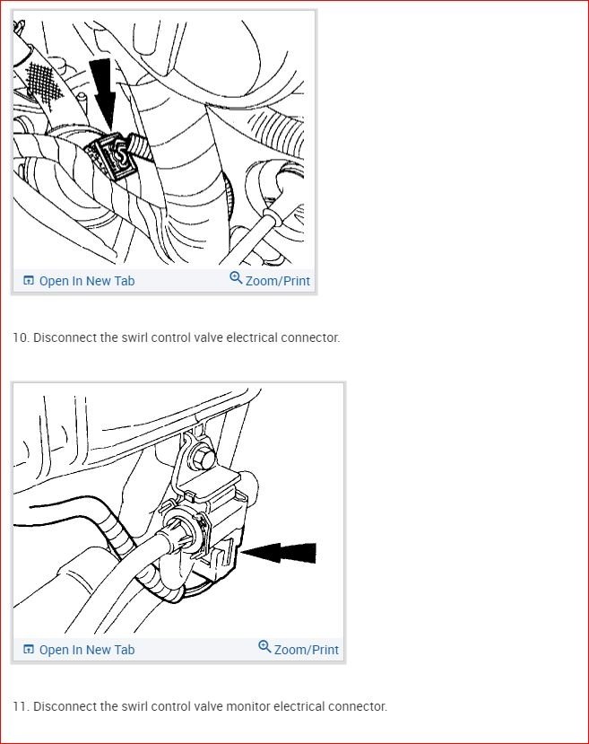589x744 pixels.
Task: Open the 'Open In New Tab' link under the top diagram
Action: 86,281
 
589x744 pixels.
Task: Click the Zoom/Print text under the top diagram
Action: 277,281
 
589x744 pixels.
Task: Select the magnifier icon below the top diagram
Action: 236,278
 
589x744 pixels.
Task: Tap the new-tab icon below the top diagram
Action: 29,281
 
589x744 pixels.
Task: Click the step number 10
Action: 20,338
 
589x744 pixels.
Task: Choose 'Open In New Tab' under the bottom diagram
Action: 86,650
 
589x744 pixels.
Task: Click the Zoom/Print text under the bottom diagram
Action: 306,650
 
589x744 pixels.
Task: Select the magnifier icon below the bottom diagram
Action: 264,647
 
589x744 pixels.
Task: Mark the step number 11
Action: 20,706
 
